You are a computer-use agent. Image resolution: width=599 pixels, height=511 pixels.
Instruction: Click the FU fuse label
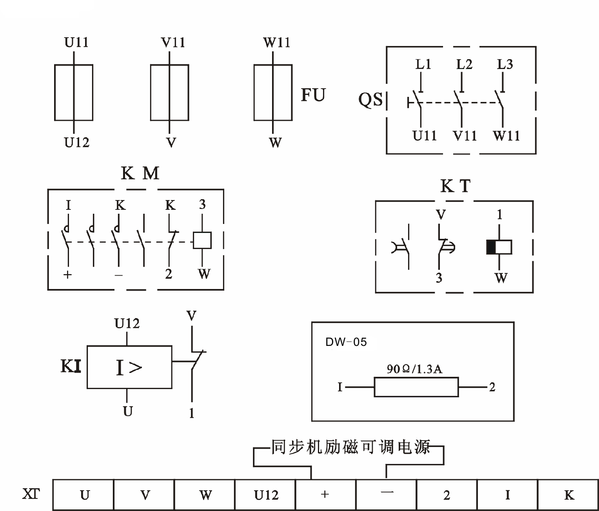pos(313,95)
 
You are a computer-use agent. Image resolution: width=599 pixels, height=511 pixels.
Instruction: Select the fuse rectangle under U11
pos(74,93)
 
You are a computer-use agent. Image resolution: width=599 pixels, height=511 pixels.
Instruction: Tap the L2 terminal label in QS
pos(464,64)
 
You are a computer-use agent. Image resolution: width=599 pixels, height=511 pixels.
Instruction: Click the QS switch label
pos(370,100)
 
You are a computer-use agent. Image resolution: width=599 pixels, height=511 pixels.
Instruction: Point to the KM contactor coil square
pos(202,240)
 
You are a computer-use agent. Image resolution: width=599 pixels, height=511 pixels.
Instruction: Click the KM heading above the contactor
pos(140,173)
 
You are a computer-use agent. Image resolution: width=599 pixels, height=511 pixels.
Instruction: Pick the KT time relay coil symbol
pos(499,247)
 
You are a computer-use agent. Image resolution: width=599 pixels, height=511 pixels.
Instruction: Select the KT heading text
pos(455,186)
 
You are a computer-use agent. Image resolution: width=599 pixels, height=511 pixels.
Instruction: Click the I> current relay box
pos(129,367)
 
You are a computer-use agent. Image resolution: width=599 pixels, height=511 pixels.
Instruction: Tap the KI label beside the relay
pos(71,367)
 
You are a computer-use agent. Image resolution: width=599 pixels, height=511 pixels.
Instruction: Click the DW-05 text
pos(346,342)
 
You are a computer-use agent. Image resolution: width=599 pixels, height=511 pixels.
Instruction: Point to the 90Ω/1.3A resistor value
pos(414,369)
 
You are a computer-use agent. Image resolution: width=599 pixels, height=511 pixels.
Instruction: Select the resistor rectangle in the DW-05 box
pos(416,387)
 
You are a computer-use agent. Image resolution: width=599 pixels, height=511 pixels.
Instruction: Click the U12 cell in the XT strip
pos(265,495)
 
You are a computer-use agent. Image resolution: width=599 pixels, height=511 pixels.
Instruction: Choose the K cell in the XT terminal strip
pos(568,495)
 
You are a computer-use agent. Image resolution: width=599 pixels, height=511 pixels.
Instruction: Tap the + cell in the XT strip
pos(325,495)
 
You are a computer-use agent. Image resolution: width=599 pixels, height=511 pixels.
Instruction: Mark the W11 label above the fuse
pos(276,42)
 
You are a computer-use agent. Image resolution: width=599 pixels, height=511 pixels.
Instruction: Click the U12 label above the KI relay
pos(127,324)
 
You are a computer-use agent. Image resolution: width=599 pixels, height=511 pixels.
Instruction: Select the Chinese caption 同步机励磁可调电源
pos(350,447)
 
